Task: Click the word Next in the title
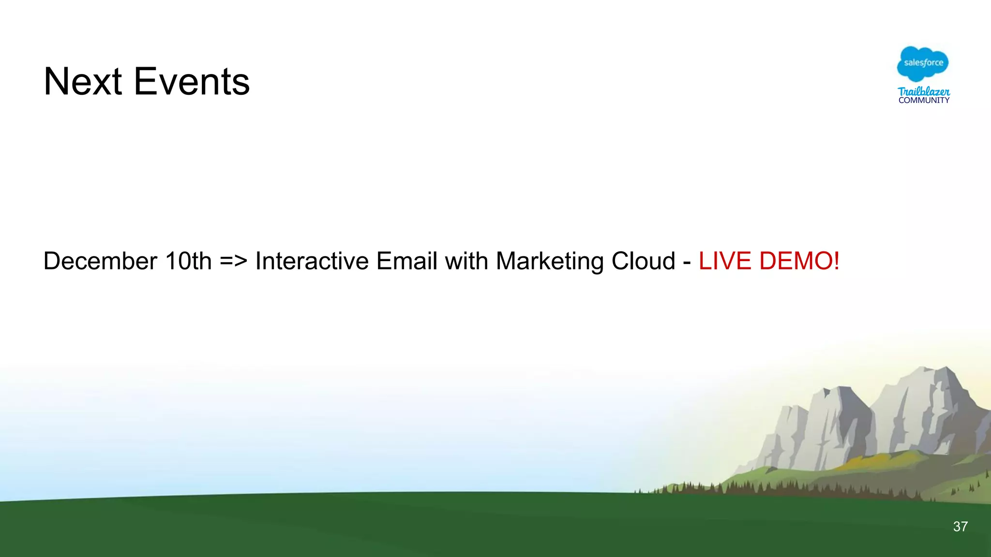[82, 81]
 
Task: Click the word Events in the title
[192, 81]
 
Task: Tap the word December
[100, 261]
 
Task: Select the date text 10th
[188, 261]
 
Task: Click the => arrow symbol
[233, 261]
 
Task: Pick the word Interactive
[312, 261]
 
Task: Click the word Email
[406, 261]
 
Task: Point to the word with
[466, 261]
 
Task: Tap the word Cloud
[643, 261]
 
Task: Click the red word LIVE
[725, 261]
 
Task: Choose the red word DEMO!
[799, 261]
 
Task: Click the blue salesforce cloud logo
[923, 64]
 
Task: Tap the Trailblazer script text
[924, 91]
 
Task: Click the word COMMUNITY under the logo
[924, 101]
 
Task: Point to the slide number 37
[960, 527]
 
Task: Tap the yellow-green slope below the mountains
[871, 459]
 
